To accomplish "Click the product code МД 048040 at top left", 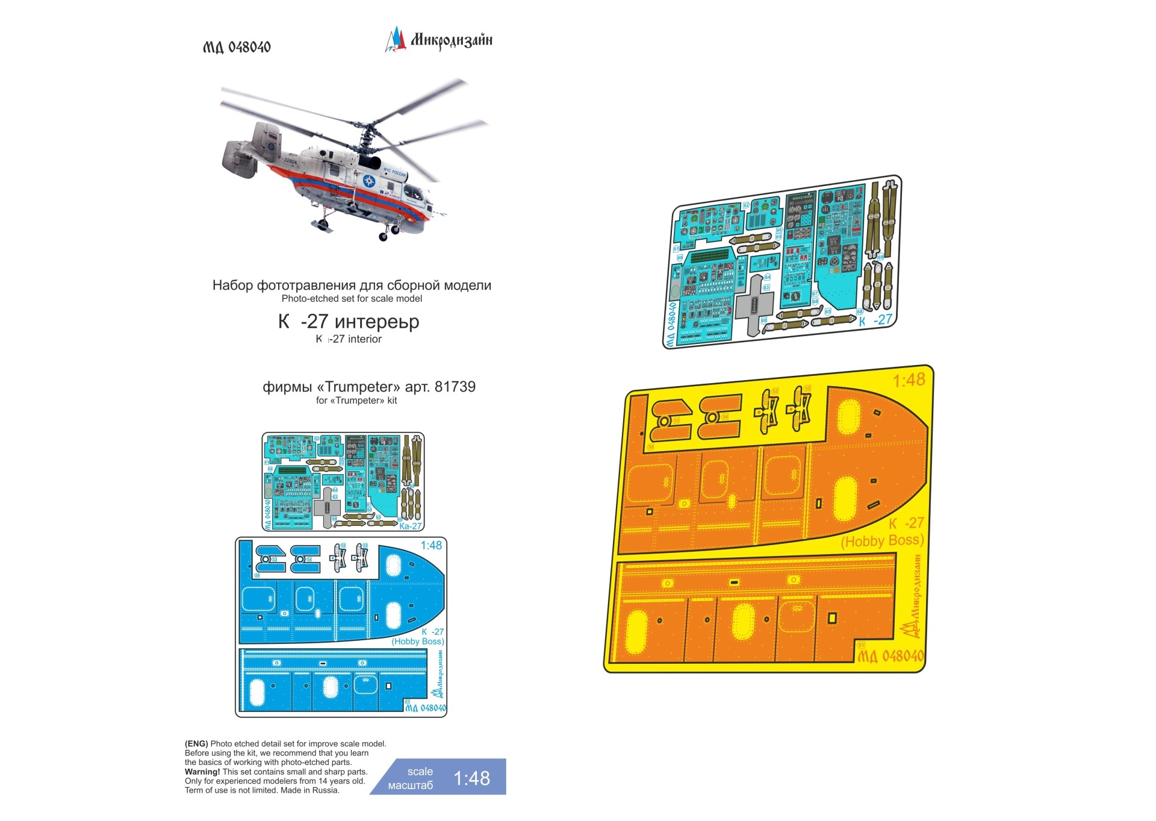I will tap(237, 47).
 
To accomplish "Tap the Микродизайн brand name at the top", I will tap(451, 40).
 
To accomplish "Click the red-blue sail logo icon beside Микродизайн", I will tap(396, 40).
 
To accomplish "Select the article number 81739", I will tap(455, 387).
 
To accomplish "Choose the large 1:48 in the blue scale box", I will tap(471, 778).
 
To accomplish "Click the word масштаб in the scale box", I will tap(411, 785).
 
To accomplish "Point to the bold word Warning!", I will tap(202, 772).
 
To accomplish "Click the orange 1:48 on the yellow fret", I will tap(908, 380).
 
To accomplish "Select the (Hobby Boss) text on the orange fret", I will tap(882, 541).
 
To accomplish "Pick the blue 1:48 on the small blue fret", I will tap(431, 545).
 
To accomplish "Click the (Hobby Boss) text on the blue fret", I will tap(418, 642).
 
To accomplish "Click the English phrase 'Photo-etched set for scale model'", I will tap(352, 299).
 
